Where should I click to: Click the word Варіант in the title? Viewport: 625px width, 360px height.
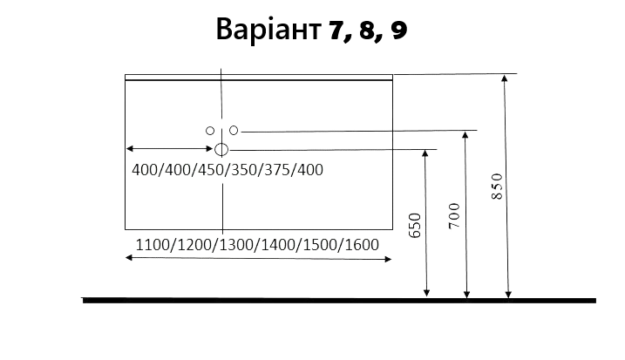click(268, 29)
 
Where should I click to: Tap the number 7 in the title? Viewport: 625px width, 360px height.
click(337, 31)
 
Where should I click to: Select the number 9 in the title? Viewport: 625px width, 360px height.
click(399, 31)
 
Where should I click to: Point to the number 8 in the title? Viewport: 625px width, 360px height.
click(368, 31)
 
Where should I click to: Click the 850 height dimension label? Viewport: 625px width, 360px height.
click(497, 187)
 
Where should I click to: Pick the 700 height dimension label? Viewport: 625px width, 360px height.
click(454, 215)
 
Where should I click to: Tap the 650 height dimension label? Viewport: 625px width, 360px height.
click(415, 226)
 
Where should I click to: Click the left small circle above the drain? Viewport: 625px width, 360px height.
click(210, 131)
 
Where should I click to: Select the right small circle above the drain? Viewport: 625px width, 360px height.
click(234, 131)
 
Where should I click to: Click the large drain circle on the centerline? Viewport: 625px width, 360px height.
click(221, 150)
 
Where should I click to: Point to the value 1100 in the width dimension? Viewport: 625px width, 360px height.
click(153, 245)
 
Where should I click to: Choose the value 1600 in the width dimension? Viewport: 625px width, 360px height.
click(362, 245)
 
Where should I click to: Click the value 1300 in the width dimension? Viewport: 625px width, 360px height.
click(236, 245)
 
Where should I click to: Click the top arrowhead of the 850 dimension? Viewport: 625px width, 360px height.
click(505, 78)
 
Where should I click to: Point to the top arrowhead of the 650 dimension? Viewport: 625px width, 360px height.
click(425, 153)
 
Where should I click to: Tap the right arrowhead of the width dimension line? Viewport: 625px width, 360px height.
click(388, 260)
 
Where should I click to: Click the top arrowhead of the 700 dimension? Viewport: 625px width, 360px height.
click(465, 135)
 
